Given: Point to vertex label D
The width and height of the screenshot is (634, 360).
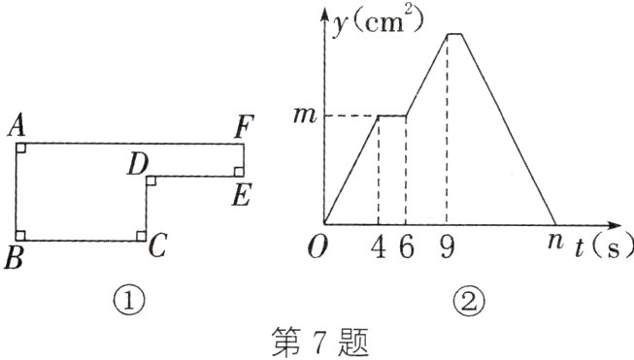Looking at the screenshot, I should click(137, 165).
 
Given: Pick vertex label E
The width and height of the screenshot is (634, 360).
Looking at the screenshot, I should click(242, 196).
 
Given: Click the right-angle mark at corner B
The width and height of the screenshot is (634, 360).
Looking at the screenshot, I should click(22, 234).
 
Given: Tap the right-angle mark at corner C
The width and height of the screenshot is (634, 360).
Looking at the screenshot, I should click(142, 234).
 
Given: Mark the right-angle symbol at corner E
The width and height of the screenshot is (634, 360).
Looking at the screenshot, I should click(238, 171).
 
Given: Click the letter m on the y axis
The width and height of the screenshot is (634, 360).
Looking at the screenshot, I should click(304, 116).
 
